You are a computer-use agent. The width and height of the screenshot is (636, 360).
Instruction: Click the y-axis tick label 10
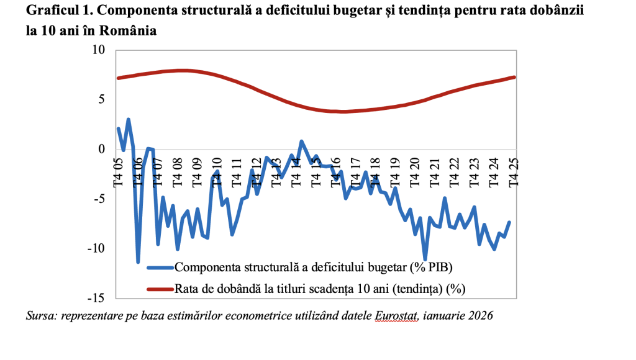98,50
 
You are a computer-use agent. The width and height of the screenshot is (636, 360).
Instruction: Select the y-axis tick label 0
101,150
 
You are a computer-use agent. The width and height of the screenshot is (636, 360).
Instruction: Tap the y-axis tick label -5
98,199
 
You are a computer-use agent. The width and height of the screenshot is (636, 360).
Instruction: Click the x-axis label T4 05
118,172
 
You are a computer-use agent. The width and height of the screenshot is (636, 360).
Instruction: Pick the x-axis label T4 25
514,172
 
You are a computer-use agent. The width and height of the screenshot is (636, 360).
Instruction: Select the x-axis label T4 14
296,172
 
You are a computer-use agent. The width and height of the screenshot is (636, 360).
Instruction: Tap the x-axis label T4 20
415,172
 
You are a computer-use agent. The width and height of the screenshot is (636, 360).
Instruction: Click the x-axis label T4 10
217,172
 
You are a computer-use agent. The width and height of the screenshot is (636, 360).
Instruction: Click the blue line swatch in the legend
160,268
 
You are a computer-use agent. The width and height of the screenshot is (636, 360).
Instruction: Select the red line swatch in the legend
160,288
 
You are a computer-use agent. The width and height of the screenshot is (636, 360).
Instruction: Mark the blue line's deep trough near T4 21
425,259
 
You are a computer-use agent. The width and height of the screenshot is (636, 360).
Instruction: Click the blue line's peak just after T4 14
301,142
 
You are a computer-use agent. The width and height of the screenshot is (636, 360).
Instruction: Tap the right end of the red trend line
514,77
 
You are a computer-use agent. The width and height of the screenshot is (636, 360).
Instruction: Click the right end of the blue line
509,222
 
